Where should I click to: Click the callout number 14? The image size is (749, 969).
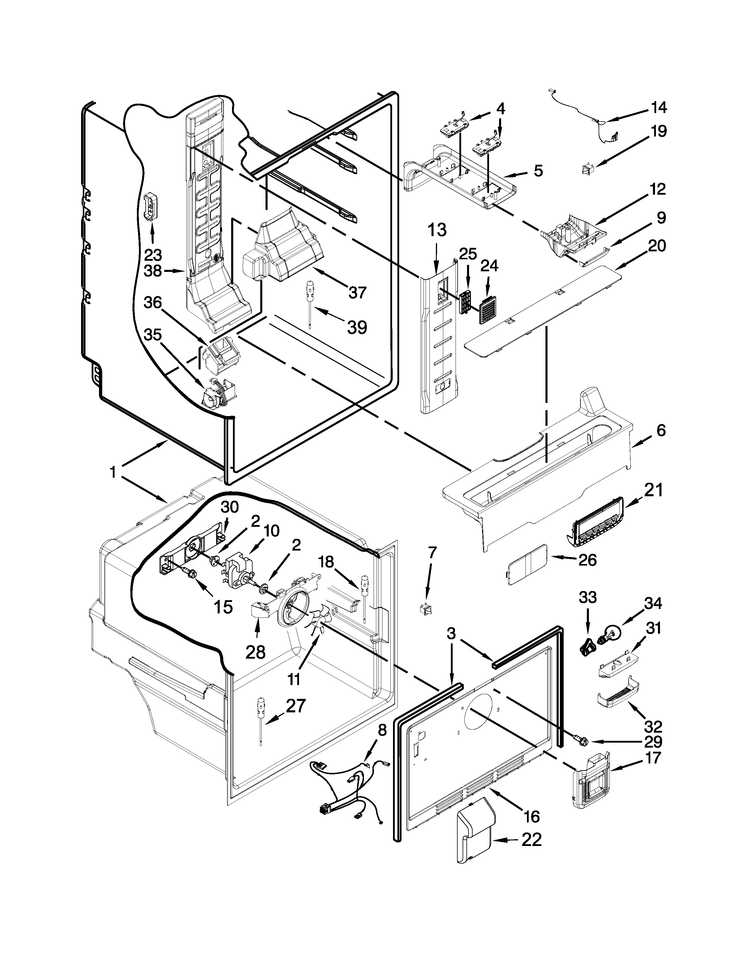click(x=659, y=108)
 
